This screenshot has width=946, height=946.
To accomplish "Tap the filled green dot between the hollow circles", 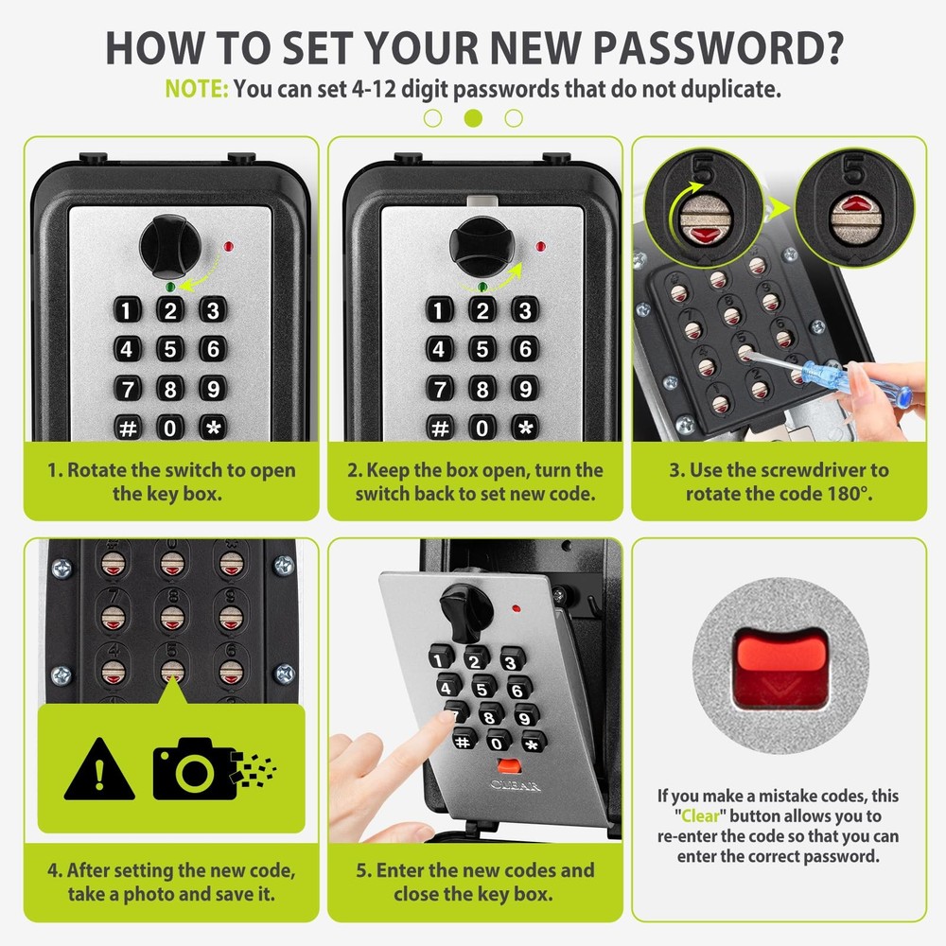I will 474,117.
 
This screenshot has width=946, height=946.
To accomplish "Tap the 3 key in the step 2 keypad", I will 525,309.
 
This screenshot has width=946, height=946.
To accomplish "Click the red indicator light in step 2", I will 540,248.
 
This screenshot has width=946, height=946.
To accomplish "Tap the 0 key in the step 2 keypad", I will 482,427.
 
